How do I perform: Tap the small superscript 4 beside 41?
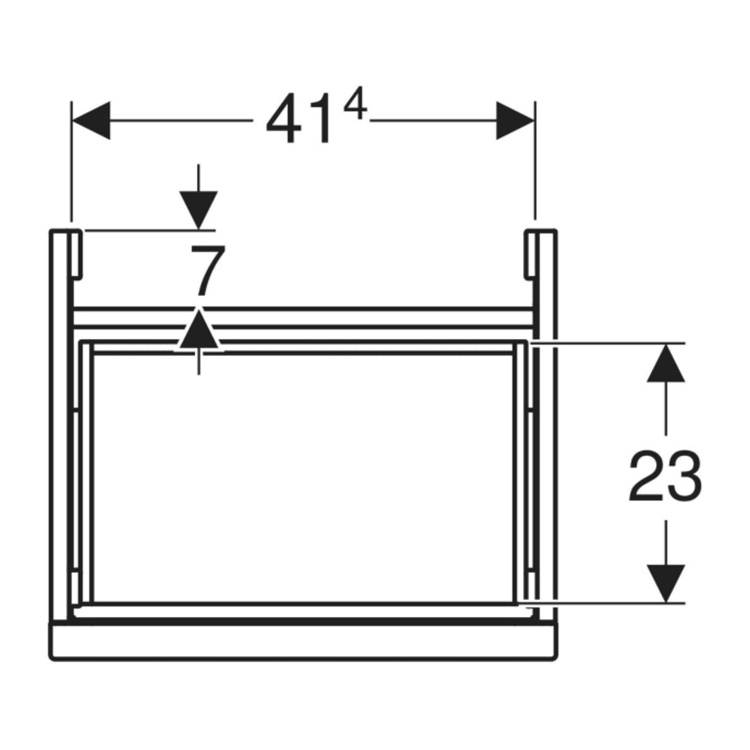pyautogui.click(x=355, y=106)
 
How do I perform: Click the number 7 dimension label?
pyautogui.click(x=207, y=270)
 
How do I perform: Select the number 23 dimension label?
pyautogui.click(x=665, y=476)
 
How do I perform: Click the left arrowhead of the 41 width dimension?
pyautogui.click(x=91, y=121)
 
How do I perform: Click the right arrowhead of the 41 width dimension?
pyautogui.click(x=515, y=121)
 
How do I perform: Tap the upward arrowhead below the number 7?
pyautogui.click(x=198, y=330)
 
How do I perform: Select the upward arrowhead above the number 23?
pyautogui.click(x=666, y=363)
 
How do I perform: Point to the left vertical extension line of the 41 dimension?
pyautogui.click(x=72, y=162)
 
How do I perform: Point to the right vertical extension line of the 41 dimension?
pyautogui.click(x=535, y=161)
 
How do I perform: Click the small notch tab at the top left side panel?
pyautogui.click(x=77, y=254)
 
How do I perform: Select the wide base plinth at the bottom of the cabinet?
pyautogui.click(x=303, y=642)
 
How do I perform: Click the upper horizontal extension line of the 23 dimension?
pyautogui.click(x=607, y=344)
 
